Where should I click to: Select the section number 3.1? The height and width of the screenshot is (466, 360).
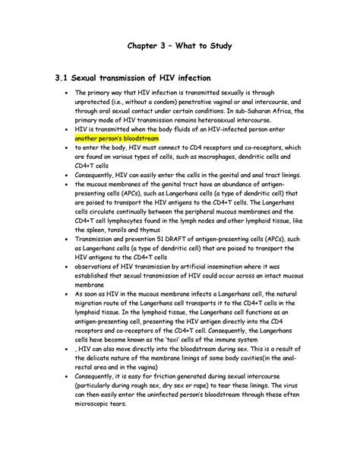tap(58, 78)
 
